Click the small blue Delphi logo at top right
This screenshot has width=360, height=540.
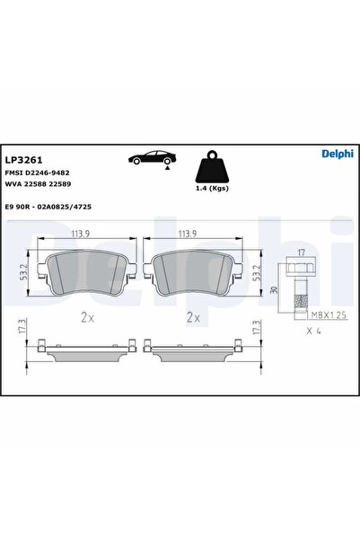[x=337, y=154]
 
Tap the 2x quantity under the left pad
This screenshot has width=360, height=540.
[x=87, y=317]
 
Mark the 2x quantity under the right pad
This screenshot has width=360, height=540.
[x=191, y=317]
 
